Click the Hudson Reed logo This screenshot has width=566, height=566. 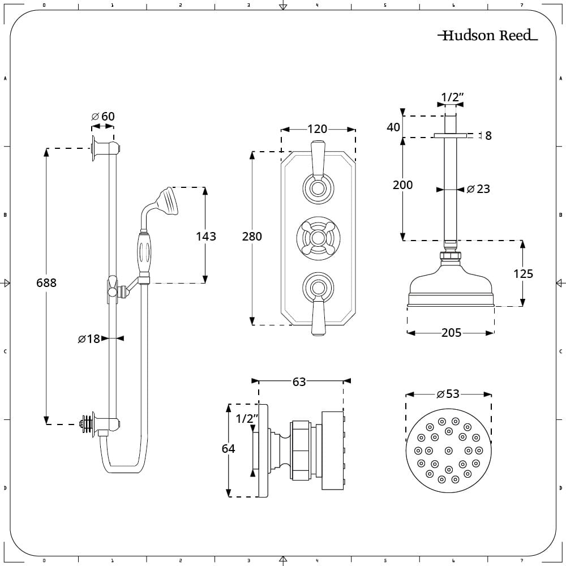pos(487,35)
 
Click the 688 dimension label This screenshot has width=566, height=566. pos(46,282)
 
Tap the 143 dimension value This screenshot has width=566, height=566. pos(206,237)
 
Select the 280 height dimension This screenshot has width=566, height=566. pos(252,237)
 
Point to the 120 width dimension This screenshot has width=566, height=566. pos(318,129)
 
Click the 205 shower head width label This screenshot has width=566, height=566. pos(452,332)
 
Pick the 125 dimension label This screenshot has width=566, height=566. pos(523,273)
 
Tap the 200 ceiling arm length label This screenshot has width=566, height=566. pos(402,185)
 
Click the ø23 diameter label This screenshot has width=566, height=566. pos(478,189)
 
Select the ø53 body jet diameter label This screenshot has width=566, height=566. pos(448,393)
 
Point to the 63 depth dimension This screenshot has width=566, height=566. pos(299,381)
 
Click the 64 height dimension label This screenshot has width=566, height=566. pos(229,448)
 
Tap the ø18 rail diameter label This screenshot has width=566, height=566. pos(89,338)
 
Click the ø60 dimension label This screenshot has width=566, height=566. pos(103,116)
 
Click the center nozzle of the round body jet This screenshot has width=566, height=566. pos(449,451)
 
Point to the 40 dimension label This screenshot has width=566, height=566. pos(393,127)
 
